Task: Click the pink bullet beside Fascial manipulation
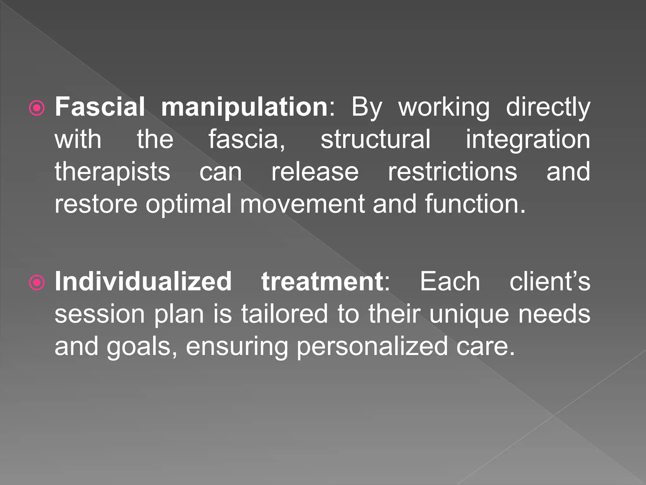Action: (x=37, y=109)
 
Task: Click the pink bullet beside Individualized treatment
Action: (x=37, y=283)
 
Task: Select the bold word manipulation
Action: (x=245, y=107)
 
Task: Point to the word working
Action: (x=444, y=107)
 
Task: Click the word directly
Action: (x=548, y=107)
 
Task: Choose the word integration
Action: (x=528, y=140)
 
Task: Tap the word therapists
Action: (x=112, y=172)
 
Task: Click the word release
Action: (x=315, y=172)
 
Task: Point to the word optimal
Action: (x=188, y=204)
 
